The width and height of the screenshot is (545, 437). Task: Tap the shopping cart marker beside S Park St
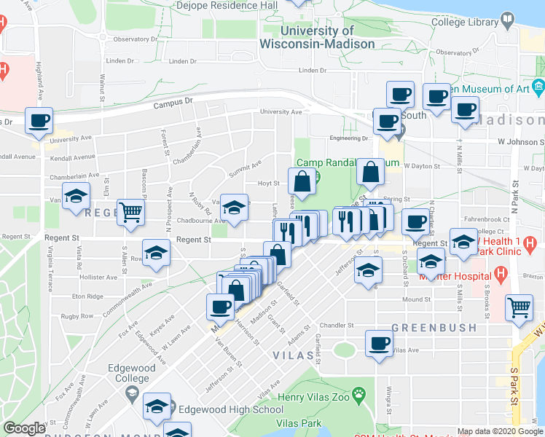click(519, 307)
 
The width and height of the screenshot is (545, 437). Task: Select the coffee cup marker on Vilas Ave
click(378, 344)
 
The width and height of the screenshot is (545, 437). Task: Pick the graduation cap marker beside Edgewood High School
click(157, 406)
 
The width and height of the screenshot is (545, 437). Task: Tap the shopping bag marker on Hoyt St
click(302, 181)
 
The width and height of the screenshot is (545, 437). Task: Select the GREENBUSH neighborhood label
click(434, 328)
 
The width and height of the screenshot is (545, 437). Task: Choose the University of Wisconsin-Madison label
click(317, 37)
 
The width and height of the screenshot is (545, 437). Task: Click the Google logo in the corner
click(25, 428)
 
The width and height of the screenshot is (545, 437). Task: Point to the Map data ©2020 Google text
click(501, 431)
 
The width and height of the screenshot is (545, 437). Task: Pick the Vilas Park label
click(299, 423)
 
